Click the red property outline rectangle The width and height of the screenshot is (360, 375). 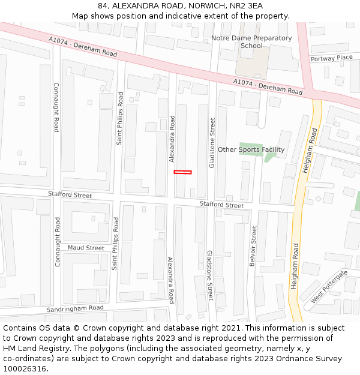(182, 172)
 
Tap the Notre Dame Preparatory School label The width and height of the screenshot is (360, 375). (251, 41)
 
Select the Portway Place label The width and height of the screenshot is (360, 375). (331, 58)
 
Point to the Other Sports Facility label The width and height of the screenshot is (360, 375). (251, 149)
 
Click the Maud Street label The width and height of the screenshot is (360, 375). (86, 248)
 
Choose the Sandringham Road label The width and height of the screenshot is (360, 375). (75, 308)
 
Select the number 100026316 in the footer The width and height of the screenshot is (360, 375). (26, 368)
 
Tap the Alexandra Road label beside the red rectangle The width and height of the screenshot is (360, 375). (172, 139)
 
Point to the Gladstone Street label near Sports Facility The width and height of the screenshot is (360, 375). (212, 143)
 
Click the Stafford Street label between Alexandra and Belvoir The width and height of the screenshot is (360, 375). (222, 206)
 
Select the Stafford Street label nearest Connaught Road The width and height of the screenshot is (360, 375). (70, 195)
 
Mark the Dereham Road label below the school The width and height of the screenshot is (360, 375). (268, 87)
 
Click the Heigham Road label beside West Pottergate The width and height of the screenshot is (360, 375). (295, 266)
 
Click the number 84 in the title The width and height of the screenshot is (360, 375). (103, 6)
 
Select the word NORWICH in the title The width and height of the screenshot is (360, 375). (199, 6)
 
